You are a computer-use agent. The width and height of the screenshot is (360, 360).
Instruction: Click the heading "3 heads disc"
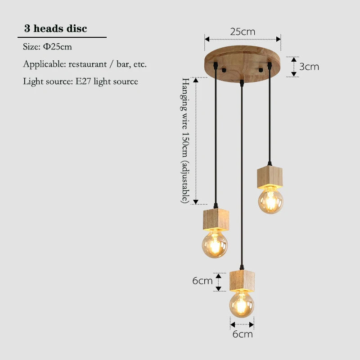(x=55, y=28)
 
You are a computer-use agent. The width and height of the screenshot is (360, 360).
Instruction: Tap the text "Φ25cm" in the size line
(x=58, y=47)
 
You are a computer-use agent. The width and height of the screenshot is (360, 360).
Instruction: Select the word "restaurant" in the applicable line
(x=87, y=64)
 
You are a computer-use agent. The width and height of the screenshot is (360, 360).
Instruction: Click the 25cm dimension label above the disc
(x=243, y=31)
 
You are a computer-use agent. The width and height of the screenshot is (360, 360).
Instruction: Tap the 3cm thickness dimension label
(x=309, y=67)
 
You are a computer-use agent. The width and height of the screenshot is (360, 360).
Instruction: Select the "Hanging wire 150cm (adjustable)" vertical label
(x=185, y=140)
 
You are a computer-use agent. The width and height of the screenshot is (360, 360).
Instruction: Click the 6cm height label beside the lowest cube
(x=202, y=280)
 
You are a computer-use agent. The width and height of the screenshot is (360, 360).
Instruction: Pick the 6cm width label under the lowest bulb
(x=243, y=334)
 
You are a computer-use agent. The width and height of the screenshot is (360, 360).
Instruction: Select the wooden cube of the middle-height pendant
(x=216, y=219)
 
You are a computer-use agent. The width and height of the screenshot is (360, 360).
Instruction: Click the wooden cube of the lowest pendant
(x=242, y=281)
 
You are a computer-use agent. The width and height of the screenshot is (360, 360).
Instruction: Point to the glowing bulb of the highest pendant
(x=270, y=200)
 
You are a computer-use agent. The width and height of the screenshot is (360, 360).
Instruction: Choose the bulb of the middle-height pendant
(x=215, y=244)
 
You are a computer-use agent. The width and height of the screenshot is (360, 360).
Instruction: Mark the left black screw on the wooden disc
(x=224, y=70)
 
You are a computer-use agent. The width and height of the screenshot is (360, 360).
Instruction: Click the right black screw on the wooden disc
(x=261, y=70)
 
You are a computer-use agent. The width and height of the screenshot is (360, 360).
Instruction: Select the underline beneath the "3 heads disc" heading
(x=62, y=37)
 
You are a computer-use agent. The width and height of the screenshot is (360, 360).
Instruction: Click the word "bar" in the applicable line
(x=122, y=64)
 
